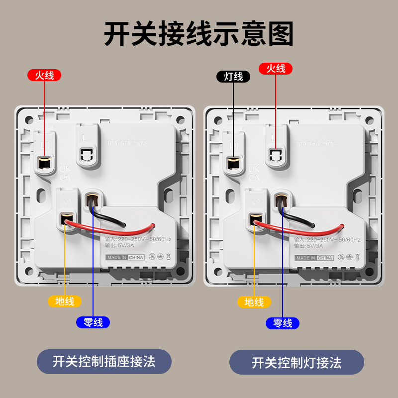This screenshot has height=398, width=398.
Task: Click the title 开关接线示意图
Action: pos(199,34)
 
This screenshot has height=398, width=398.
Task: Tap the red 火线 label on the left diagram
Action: pos(44,76)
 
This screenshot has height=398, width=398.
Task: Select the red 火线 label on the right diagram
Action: pos(276,69)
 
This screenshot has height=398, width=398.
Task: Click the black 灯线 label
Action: pos(233,77)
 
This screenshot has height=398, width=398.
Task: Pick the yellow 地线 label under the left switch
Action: pos(64,301)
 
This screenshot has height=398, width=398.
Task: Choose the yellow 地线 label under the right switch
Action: pos(254,302)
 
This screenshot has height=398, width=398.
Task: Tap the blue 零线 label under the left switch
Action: pos(93,322)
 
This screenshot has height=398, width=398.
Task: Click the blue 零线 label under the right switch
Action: pos(283,323)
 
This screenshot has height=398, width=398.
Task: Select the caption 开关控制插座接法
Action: pos(104,361)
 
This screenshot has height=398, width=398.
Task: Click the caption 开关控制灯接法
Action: pos(297,363)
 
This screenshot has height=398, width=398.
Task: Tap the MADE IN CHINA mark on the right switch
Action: pos(314,258)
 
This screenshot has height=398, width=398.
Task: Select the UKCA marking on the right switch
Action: pos(254,173)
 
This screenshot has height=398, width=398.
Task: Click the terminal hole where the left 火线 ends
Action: pos(44,162)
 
